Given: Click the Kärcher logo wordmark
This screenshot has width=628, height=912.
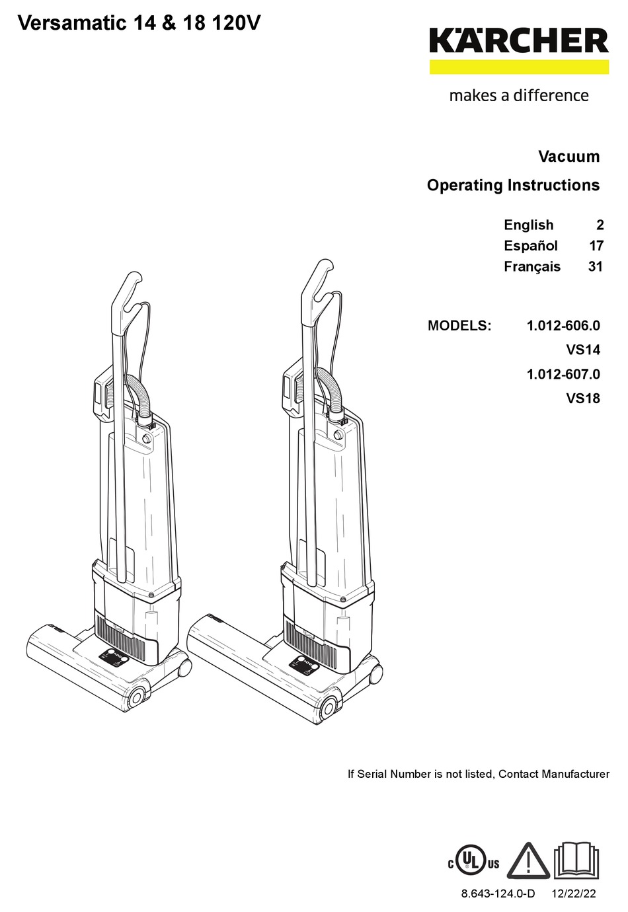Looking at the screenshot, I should (519, 41).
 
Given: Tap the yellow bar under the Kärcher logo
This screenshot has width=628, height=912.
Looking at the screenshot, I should (519, 67).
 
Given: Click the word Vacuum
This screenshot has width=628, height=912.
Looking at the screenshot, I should (569, 157).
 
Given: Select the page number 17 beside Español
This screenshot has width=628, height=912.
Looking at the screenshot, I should (596, 246).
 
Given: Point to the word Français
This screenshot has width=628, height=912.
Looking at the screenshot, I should (531, 267).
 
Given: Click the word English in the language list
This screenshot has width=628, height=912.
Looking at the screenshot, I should (528, 225).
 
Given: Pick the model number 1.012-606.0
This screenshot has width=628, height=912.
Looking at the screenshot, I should (563, 326).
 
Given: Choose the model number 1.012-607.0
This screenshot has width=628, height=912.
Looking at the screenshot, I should (563, 374).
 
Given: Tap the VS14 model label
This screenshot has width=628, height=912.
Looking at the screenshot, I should (582, 350).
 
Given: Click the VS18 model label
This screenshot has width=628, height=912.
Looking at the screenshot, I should (582, 399).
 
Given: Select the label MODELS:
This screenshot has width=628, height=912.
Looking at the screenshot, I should (459, 326).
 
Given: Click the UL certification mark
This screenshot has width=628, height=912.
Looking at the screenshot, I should (474, 862).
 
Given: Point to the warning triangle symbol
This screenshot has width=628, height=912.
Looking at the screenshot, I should (528, 861).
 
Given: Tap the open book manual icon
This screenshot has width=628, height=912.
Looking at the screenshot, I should (575, 860).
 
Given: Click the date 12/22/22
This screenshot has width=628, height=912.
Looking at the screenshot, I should (572, 893).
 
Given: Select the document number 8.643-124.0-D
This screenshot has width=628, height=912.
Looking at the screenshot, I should (498, 893).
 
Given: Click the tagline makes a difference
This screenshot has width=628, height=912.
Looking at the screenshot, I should (519, 96).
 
